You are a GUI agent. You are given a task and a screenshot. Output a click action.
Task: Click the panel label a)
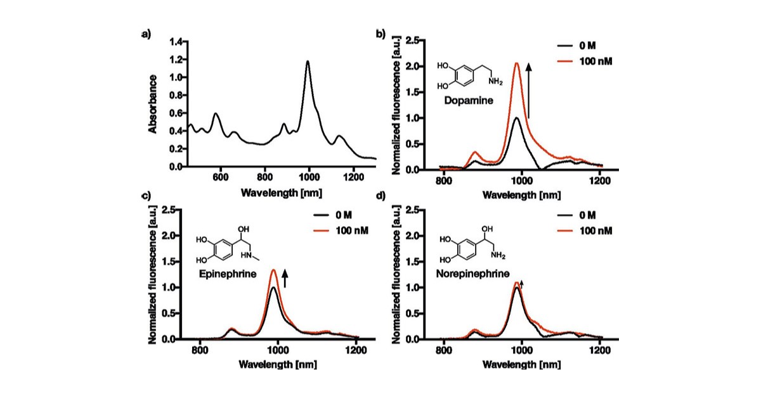coord(146,34)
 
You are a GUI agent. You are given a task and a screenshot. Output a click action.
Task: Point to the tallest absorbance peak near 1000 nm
coord(308,62)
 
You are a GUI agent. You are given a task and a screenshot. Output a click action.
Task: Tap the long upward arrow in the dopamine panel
coord(528,89)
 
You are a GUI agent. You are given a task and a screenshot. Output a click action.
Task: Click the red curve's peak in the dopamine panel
coord(517,63)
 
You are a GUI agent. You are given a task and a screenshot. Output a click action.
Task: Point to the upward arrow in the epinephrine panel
coord(285,277)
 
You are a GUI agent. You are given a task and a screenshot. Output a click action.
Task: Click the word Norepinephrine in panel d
coord(470,275)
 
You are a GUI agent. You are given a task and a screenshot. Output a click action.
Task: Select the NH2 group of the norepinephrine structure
coord(497,255)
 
